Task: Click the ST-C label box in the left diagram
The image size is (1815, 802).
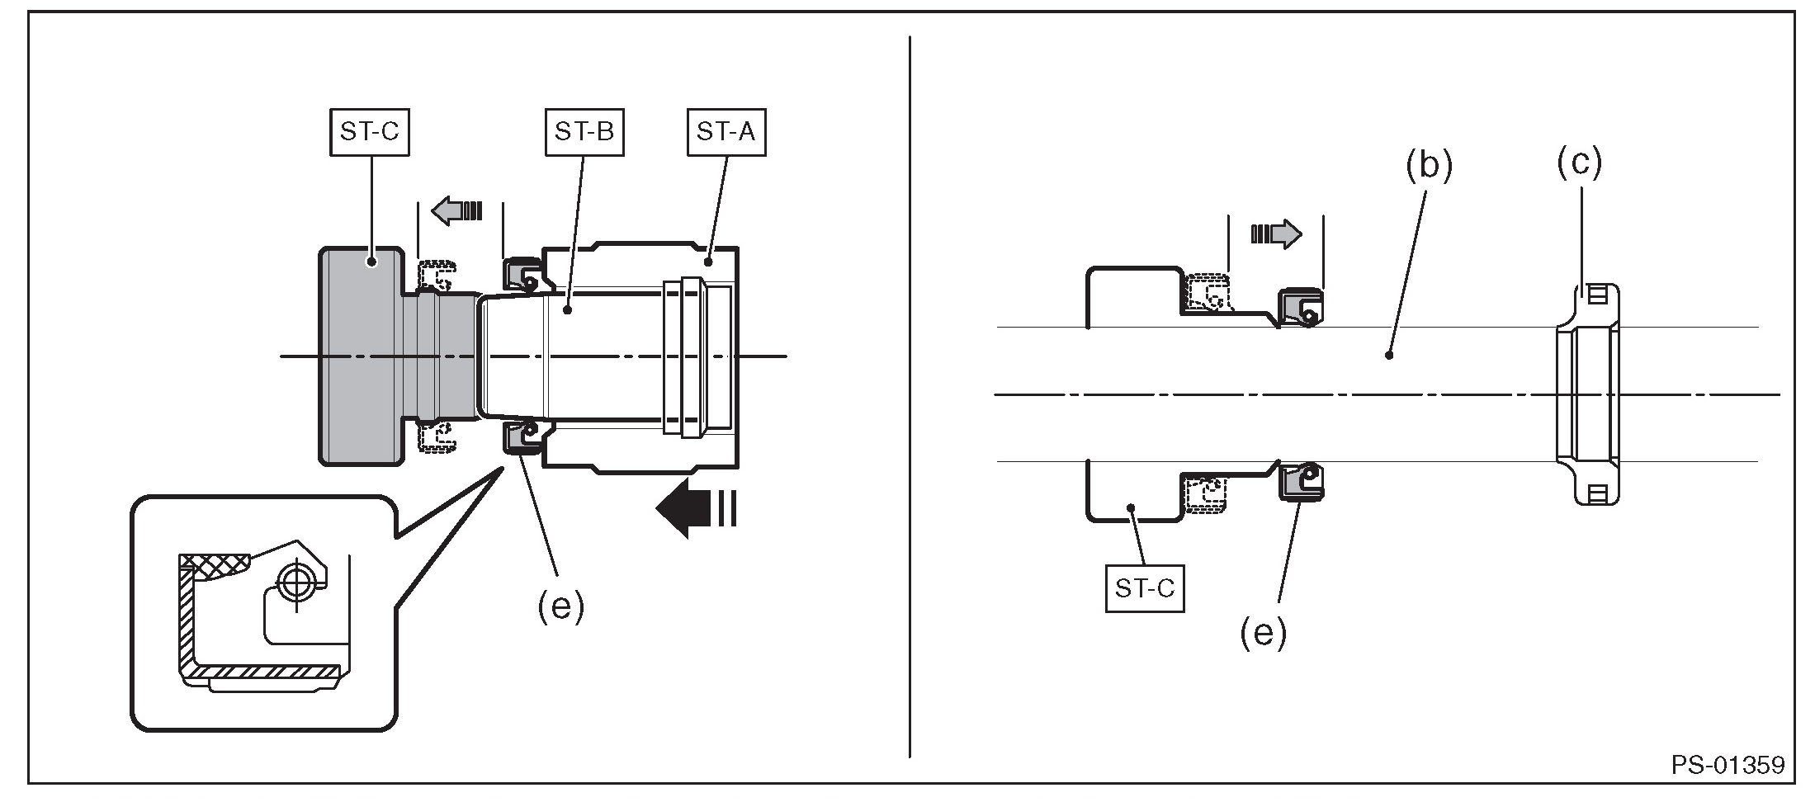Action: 370,132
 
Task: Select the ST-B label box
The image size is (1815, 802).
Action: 584,132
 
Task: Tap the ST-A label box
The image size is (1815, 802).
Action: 726,132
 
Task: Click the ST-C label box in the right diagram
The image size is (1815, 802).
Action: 1145,588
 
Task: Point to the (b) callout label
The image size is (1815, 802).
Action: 1429,166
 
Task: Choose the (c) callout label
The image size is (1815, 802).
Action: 1579,163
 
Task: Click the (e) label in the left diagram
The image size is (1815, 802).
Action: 560,607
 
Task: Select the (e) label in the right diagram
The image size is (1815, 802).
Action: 1264,633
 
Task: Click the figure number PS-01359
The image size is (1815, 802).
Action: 1728,765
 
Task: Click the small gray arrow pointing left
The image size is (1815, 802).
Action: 456,210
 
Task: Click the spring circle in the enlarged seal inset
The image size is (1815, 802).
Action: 292,583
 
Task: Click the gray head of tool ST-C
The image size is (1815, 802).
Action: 362,356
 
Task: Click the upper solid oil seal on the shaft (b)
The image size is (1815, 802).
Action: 1301,308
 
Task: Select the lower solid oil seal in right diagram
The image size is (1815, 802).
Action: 1301,481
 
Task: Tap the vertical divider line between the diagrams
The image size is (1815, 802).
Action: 910,396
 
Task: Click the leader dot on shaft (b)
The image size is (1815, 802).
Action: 1389,356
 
